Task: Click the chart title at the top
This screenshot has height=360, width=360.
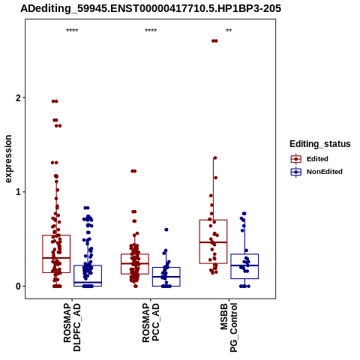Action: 151,8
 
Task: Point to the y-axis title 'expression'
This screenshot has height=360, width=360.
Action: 8,159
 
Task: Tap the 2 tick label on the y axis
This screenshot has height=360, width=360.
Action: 18,98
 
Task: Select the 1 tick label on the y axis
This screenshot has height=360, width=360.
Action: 18,192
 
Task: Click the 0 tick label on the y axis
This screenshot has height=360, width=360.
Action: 18,286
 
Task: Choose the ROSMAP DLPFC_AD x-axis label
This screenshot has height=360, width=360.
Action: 72,327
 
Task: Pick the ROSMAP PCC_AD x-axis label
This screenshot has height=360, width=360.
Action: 151,322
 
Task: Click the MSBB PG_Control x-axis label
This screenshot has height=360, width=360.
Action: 229,328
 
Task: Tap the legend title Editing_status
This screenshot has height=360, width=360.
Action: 320,144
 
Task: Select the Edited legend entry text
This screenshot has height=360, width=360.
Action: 317,159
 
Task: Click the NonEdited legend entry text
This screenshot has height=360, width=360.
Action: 325,172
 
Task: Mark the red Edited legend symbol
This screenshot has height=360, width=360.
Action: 296,159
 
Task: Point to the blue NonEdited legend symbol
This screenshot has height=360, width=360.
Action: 296,172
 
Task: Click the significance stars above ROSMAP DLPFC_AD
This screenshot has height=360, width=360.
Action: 72,31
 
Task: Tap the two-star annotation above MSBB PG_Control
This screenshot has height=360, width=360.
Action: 229,31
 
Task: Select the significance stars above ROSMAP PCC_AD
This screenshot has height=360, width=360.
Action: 151,31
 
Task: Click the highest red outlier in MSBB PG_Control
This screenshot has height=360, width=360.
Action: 214,41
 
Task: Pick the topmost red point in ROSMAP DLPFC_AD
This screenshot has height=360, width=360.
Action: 55,101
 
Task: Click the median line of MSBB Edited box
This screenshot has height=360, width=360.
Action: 213,242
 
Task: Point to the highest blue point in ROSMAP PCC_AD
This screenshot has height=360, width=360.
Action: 166,229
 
